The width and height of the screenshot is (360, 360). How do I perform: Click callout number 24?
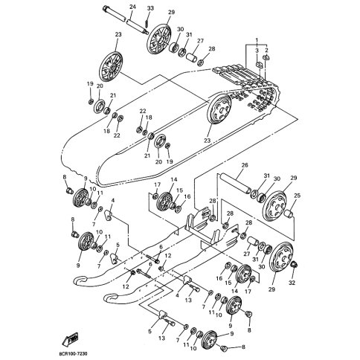pyautogui.click(x=132, y=7)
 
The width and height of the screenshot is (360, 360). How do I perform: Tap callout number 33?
pyautogui.click(x=150, y=8)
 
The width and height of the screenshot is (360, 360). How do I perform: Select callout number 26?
pyautogui.click(x=245, y=165)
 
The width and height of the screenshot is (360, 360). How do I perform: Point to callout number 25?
pyautogui.click(x=297, y=196)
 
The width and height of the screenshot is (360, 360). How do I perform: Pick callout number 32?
pyautogui.click(x=292, y=283)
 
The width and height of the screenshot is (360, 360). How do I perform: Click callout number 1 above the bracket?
pyautogui.click(x=257, y=39)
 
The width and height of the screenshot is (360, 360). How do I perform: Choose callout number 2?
pyautogui.click(x=266, y=51)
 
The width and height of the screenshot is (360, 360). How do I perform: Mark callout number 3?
pyautogui.click(x=257, y=51)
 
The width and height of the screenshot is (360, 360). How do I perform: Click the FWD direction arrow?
pyautogui.click(x=71, y=339)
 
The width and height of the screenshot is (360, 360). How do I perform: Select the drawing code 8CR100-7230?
pyautogui.click(x=74, y=353)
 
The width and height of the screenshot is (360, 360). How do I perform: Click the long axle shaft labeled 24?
pyautogui.click(x=125, y=20)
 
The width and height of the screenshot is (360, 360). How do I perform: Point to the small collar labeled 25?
pyautogui.click(x=289, y=213)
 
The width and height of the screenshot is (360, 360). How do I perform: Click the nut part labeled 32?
pyautogui.click(x=295, y=264)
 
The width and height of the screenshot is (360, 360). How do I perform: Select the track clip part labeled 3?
pyautogui.click(x=259, y=65)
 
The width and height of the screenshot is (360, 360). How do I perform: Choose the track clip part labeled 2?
pyautogui.click(x=266, y=58)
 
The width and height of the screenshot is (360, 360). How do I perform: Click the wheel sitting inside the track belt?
pyautogui.click(x=219, y=109)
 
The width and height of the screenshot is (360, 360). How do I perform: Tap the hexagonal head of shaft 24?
pyautogui.click(x=106, y=8)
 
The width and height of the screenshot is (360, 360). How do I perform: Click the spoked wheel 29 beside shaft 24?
pyautogui.click(x=159, y=39)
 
